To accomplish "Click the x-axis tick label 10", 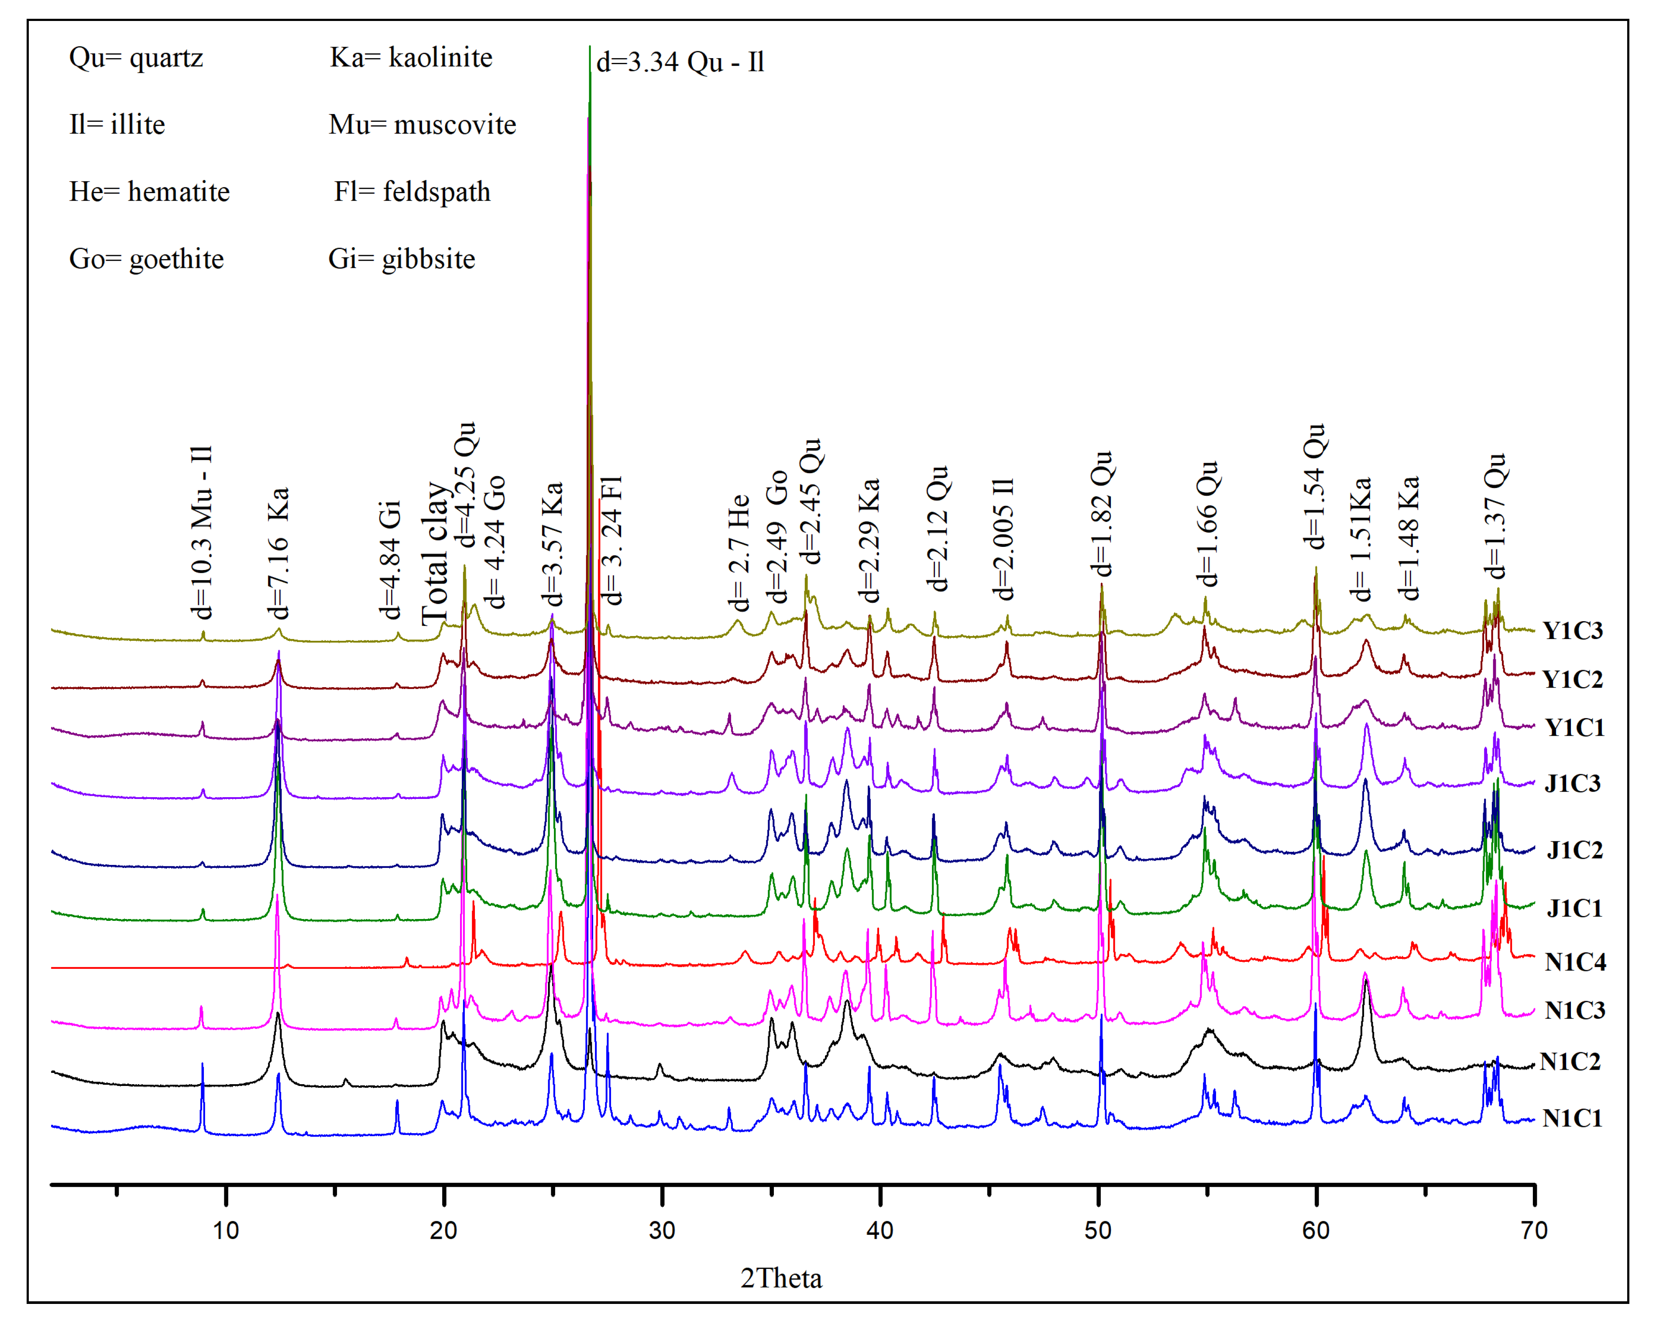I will point(225,1231).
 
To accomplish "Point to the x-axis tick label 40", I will point(880,1231).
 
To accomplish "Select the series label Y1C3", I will point(1572,630).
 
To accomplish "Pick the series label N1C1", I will point(1572,1118).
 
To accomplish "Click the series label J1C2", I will point(1574,850).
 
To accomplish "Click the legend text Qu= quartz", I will point(136,58).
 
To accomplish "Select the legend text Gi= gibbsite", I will point(401,259).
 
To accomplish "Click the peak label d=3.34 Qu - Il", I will point(680,62).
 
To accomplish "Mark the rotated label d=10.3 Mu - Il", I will point(201,532).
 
